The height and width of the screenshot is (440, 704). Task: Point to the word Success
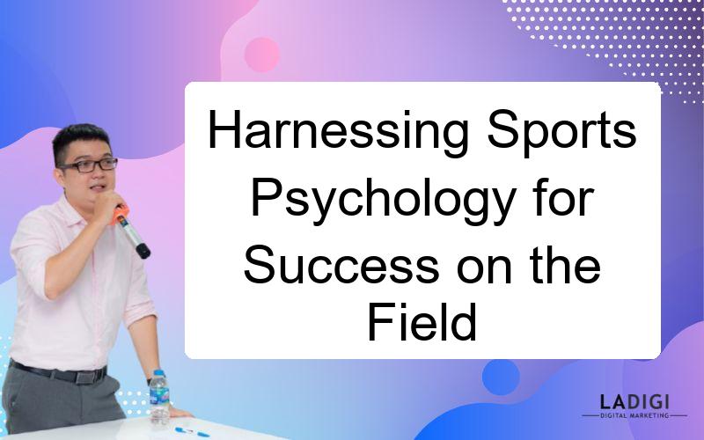341,265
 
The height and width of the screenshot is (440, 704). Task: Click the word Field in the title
422,322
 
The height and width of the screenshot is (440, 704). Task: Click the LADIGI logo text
634,401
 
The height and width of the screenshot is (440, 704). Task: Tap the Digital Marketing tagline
634,415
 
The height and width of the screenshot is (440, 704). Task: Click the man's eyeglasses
90,165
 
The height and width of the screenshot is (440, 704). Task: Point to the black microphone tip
143,251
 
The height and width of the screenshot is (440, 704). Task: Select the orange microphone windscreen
120,214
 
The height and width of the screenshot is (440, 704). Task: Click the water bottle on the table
159,397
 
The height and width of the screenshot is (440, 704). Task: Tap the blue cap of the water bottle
158,372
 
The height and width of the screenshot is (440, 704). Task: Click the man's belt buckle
85,376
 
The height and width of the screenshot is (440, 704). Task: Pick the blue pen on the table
192,432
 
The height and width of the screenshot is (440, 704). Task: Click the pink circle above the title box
261,55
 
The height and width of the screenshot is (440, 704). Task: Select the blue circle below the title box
501,378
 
